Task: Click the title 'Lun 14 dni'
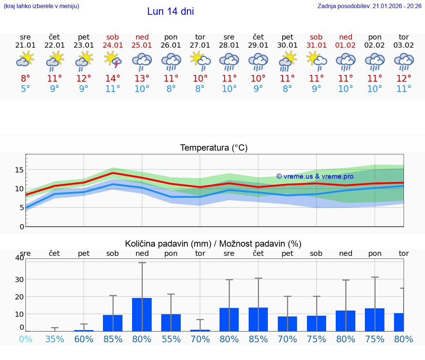[170, 11]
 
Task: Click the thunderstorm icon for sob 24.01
[113, 60]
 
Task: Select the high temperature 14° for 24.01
[113, 78]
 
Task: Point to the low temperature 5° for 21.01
[25, 89]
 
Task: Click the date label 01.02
[346, 45]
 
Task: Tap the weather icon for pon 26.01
[171, 61]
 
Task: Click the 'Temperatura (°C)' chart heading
[214, 148]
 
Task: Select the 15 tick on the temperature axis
[19, 170]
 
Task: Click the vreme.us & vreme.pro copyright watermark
[315, 176]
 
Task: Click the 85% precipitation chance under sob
[113, 339]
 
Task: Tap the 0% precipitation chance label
[25, 339]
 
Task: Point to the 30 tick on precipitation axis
[19, 279]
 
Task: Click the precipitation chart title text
[213, 244]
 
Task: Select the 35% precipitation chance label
[55, 339]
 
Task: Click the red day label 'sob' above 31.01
[316, 37]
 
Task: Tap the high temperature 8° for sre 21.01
[25, 78]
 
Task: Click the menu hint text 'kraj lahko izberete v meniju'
[41, 6]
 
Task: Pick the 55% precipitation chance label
[171, 339]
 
